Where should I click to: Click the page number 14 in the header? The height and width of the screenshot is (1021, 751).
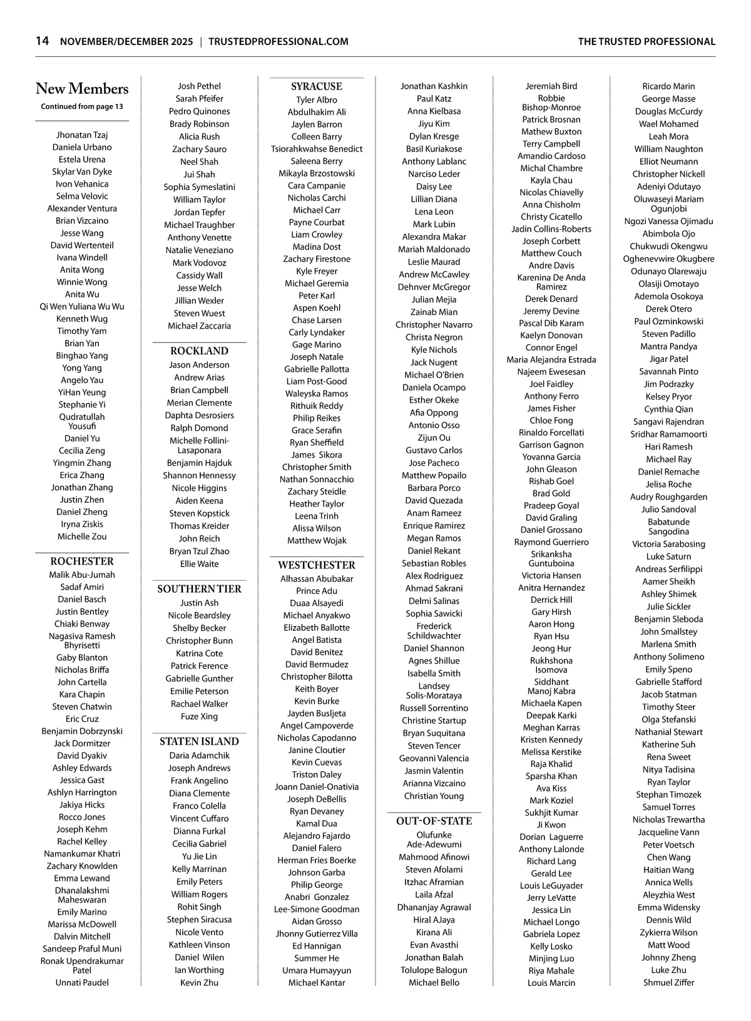tap(42, 41)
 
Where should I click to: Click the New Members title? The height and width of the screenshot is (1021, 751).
tap(82, 89)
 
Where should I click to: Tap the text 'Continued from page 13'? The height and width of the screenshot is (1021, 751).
tap(82, 106)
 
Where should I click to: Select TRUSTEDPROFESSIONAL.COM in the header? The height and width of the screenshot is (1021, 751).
tap(278, 42)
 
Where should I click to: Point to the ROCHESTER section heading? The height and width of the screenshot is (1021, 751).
tap(82, 561)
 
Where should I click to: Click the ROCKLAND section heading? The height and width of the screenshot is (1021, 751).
tap(199, 351)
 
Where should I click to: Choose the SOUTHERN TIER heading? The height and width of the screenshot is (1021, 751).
tap(199, 588)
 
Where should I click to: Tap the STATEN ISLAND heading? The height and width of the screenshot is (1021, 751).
tap(199, 741)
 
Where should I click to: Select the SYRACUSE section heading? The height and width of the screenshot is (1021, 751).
tap(317, 86)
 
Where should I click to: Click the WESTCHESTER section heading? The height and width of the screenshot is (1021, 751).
tap(317, 565)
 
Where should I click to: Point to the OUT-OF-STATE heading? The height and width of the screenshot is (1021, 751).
tap(434, 821)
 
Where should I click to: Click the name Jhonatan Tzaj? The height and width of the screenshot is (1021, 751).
tap(82, 135)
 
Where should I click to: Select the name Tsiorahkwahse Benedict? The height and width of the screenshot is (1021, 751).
tap(317, 149)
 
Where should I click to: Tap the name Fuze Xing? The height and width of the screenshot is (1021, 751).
tap(199, 716)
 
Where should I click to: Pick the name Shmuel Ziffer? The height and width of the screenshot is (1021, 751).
tap(668, 982)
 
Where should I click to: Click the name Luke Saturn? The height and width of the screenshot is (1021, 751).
tap(668, 557)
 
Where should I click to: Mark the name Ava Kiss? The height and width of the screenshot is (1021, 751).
tap(551, 788)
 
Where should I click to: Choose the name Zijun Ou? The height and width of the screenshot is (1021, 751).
tap(434, 438)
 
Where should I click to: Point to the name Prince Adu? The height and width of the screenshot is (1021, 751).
tap(317, 591)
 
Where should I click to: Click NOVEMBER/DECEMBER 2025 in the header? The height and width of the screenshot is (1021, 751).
tap(126, 42)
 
